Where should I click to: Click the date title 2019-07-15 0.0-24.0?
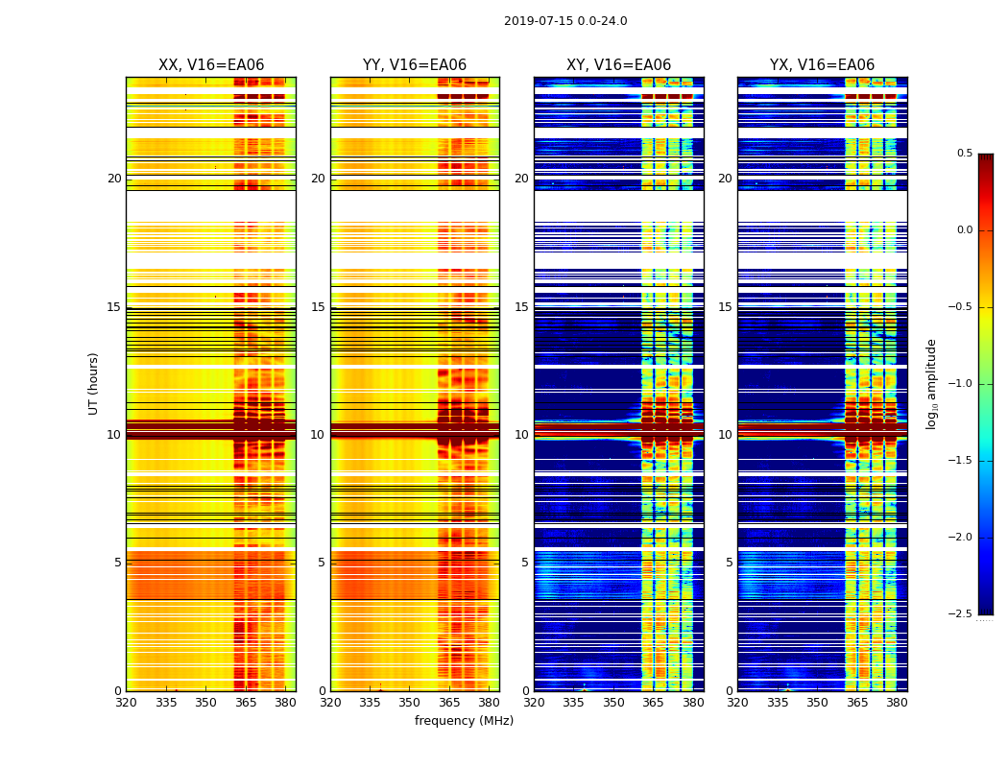pyautogui.click(x=565, y=21)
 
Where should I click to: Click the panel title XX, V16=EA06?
pyautogui.click(x=211, y=65)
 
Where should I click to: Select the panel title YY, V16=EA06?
pyautogui.click(x=415, y=65)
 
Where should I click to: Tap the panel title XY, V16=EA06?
pyautogui.click(x=618, y=65)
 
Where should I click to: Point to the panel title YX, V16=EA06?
pyautogui.click(x=822, y=65)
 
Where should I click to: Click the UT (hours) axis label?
pyautogui.click(x=94, y=383)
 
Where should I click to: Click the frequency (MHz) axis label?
pyautogui.click(x=464, y=721)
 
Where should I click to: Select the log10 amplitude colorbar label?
pyautogui.click(x=931, y=383)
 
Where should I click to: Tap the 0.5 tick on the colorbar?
pyautogui.click(x=964, y=154)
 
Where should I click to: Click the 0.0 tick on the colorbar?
pyautogui.click(x=964, y=230)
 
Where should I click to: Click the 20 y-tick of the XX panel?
pyautogui.click(x=114, y=179)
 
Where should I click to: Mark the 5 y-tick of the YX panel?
pyautogui.click(x=730, y=563)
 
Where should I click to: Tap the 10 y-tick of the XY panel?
pyautogui.click(x=521, y=435)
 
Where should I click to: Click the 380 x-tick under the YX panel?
pyautogui.click(x=897, y=704)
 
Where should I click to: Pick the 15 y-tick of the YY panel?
pyautogui.click(x=318, y=307)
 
